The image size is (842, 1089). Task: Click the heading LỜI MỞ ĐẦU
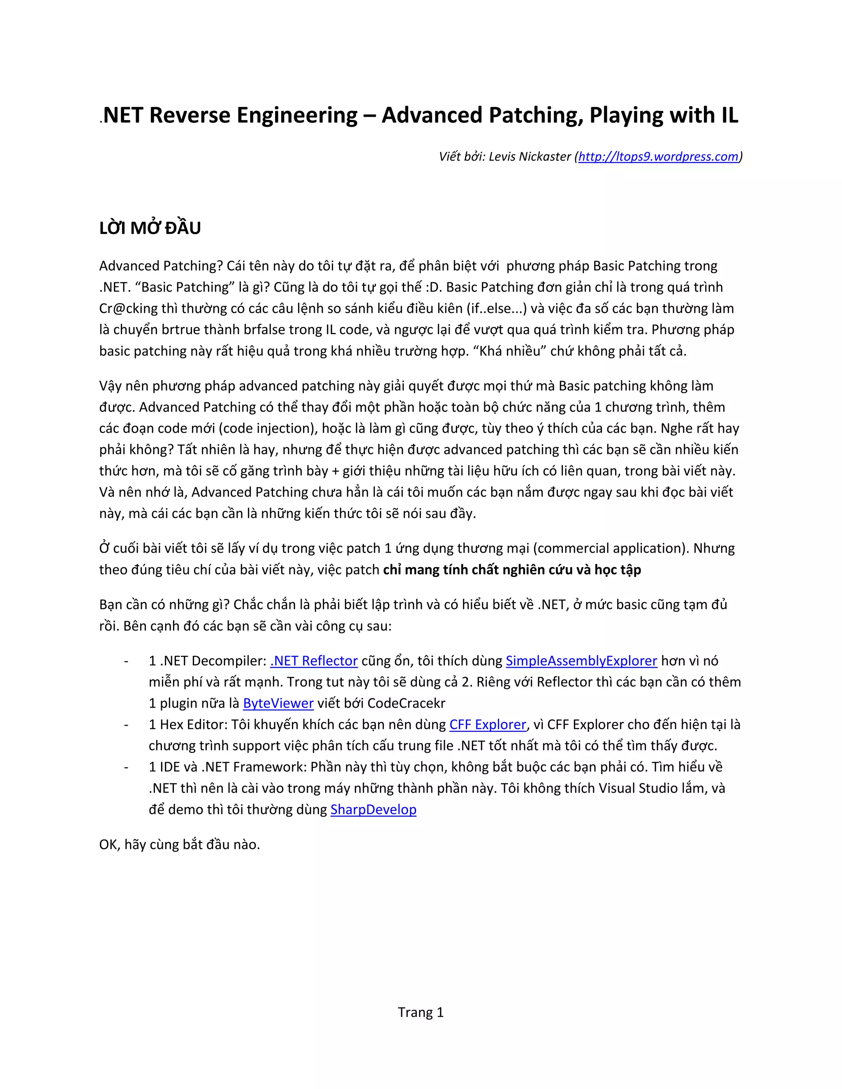(x=150, y=228)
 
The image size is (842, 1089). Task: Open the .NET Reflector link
(x=314, y=661)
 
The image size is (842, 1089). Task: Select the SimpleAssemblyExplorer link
(x=581, y=661)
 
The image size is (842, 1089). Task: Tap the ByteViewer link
(x=278, y=703)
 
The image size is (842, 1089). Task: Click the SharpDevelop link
(x=373, y=809)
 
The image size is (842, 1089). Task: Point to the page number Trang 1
(x=421, y=1012)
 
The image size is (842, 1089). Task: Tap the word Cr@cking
(x=128, y=309)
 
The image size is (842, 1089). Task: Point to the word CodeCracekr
(x=406, y=703)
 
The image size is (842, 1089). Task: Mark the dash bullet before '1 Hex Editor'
(x=126, y=724)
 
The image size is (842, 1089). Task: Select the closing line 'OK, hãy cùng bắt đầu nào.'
(x=180, y=844)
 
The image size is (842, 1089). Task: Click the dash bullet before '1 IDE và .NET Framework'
(x=126, y=767)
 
